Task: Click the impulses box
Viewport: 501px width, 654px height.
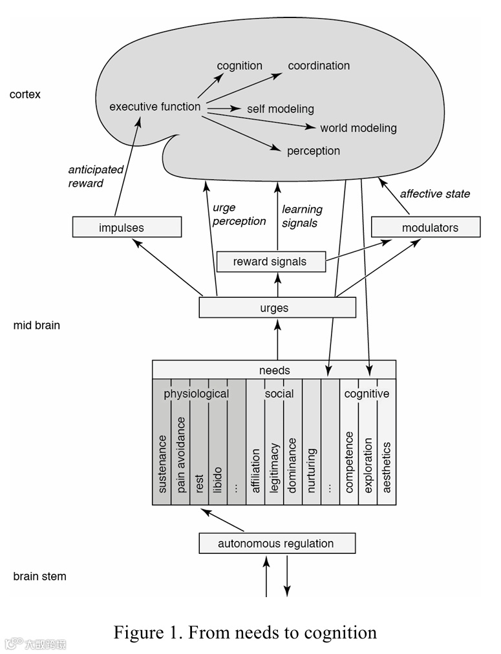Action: click(x=127, y=227)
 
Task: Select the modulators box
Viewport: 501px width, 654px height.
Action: click(x=425, y=227)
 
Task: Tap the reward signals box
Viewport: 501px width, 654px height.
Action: click(x=270, y=262)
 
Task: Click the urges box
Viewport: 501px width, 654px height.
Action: click(x=277, y=308)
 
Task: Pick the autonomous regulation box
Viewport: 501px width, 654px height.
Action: click(x=276, y=543)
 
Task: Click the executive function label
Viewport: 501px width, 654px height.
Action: click(x=155, y=107)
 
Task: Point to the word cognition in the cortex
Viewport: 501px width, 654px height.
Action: click(x=239, y=66)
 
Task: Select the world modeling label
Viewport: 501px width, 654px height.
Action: click(x=358, y=128)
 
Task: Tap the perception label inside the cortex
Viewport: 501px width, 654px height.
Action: click(x=313, y=151)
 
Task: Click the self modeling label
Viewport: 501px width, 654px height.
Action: click(x=280, y=109)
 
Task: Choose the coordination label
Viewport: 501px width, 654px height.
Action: click(x=319, y=66)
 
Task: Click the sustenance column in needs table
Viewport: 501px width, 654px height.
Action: click(x=162, y=463)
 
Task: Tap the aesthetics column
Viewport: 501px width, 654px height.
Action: click(x=387, y=467)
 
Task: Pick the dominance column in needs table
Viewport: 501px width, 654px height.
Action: click(x=292, y=465)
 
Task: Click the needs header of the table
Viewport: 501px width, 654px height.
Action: click(x=274, y=370)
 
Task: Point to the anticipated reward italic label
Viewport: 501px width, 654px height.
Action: click(x=96, y=176)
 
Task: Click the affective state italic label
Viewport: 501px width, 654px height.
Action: click(x=434, y=193)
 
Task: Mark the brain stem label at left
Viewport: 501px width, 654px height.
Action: click(x=39, y=576)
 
